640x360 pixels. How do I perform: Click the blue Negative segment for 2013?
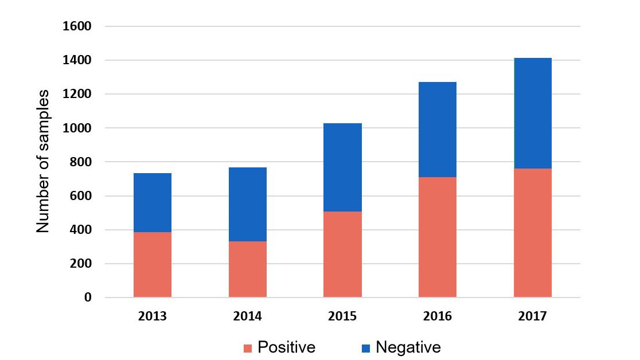(x=153, y=202)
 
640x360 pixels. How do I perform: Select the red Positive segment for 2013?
(x=153, y=264)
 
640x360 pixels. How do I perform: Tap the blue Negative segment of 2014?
(x=248, y=204)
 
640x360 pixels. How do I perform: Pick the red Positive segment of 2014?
(x=248, y=269)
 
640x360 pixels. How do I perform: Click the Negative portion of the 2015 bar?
(x=342, y=167)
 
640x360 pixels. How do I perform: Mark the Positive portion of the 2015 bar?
(x=342, y=254)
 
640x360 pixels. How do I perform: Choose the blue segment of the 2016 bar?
(x=438, y=130)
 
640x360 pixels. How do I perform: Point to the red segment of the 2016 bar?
(x=438, y=237)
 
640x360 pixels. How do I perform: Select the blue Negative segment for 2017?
(x=533, y=113)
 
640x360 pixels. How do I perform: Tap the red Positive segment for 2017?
(x=533, y=233)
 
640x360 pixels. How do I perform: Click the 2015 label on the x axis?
(x=342, y=316)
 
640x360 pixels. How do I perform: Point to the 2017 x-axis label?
(x=533, y=316)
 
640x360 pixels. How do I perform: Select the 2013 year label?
(x=153, y=316)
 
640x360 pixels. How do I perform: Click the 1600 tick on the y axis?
(x=80, y=26)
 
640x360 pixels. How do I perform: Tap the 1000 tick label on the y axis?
(x=80, y=128)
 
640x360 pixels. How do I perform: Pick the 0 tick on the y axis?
(x=88, y=298)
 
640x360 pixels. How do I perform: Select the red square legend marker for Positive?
(x=248, y=348)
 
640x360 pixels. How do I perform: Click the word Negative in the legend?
(x=408, y=347)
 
